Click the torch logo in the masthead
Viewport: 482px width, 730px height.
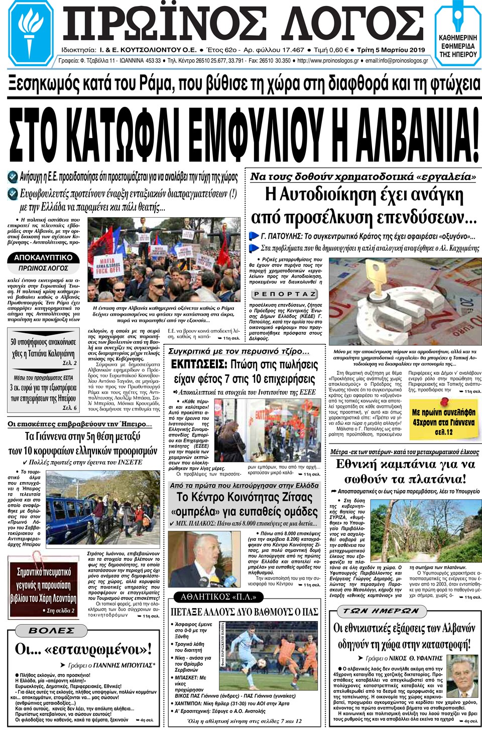[31, 33]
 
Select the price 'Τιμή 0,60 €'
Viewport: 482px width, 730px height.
[331, 50]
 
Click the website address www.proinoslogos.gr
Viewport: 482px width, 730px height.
[328, 61]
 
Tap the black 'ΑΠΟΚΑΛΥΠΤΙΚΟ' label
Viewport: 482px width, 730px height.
[43, 257]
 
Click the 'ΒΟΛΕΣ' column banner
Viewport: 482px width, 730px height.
[52, 631]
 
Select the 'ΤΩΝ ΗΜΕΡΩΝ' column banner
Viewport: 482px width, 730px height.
[381, 611]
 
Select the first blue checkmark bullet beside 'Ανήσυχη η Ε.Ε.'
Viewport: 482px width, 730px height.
[13, 177]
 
